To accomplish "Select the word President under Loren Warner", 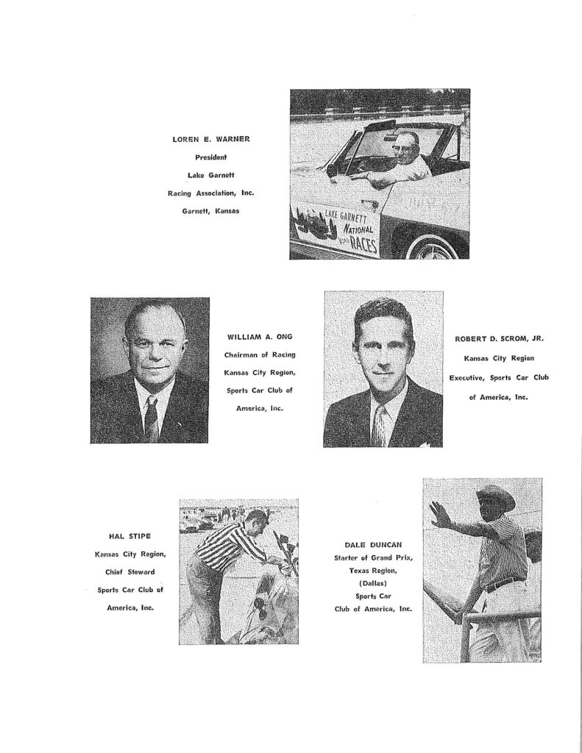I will coord(210,157).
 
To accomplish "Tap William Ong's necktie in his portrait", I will coord(151,417).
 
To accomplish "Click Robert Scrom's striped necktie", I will coord(380,424).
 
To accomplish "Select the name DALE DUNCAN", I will coord(373,545).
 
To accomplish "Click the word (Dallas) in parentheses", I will coord(373,583).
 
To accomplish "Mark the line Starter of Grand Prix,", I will coord(373,558).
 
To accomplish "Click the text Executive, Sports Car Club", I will coord(500,377).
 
